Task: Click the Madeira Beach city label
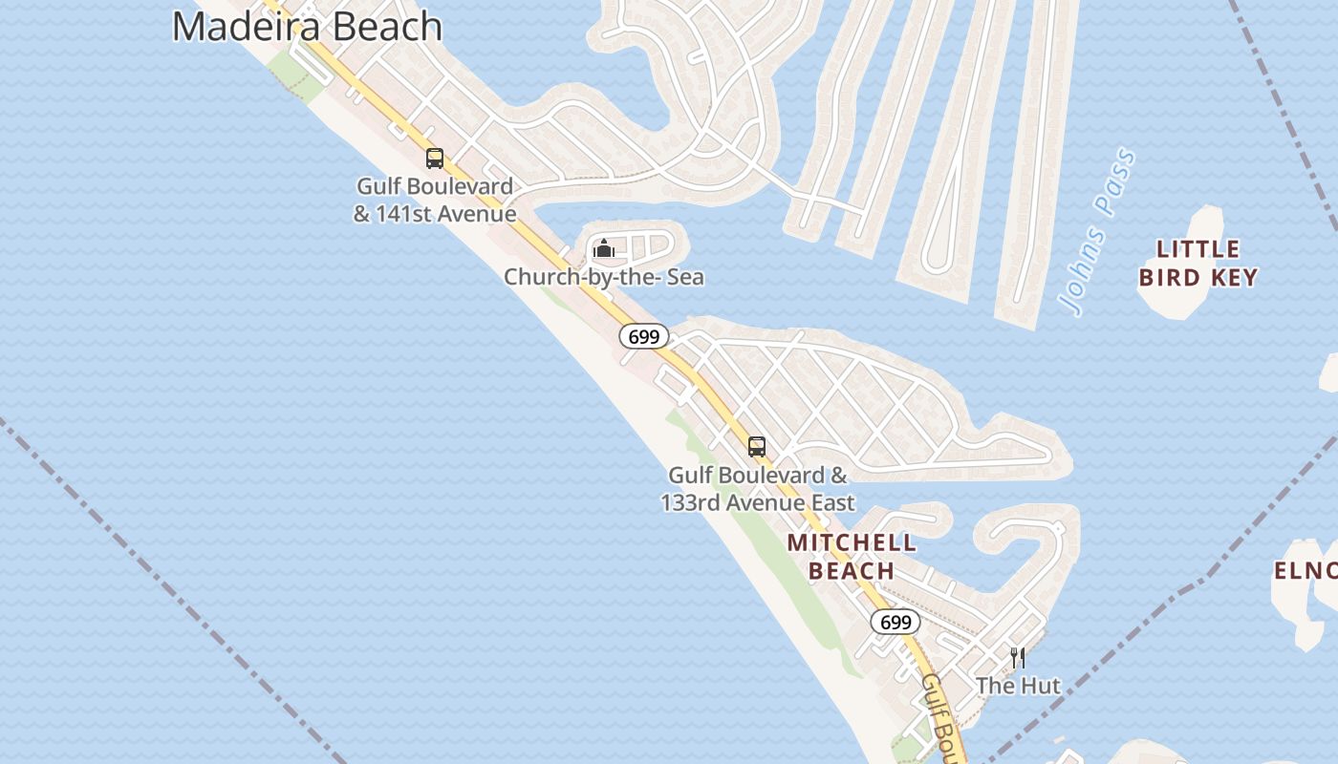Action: coord(307,26)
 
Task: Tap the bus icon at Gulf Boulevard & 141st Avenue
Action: coord(435,158)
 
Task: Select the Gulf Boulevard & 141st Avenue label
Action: coord(435,200)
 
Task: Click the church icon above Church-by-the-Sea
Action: coord(604,249)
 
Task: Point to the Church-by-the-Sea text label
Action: coord(604,277)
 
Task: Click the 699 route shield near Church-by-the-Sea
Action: coord(644,336)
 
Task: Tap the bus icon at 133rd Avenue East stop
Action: coord(757,446)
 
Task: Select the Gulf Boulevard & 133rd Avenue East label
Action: coord(758,488)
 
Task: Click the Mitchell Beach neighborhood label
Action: coord(852,557)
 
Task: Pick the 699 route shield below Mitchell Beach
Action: coord(895,622)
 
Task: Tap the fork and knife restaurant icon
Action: coord(1018,657)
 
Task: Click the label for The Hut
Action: coord(1018,686)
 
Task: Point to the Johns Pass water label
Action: coord(1099,232)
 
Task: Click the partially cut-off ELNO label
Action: coord(1306,571)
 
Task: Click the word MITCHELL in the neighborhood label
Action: coord(852,543)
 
